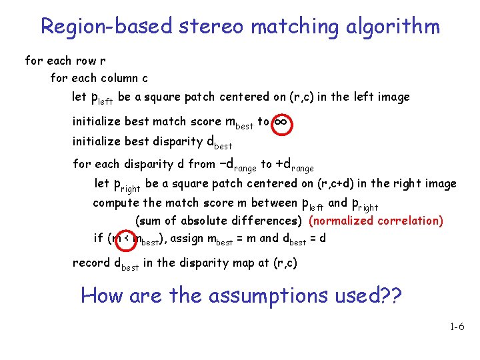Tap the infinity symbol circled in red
281,122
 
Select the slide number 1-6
457,327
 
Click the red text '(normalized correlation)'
376,221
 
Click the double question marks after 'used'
390,295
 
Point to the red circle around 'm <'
118,238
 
